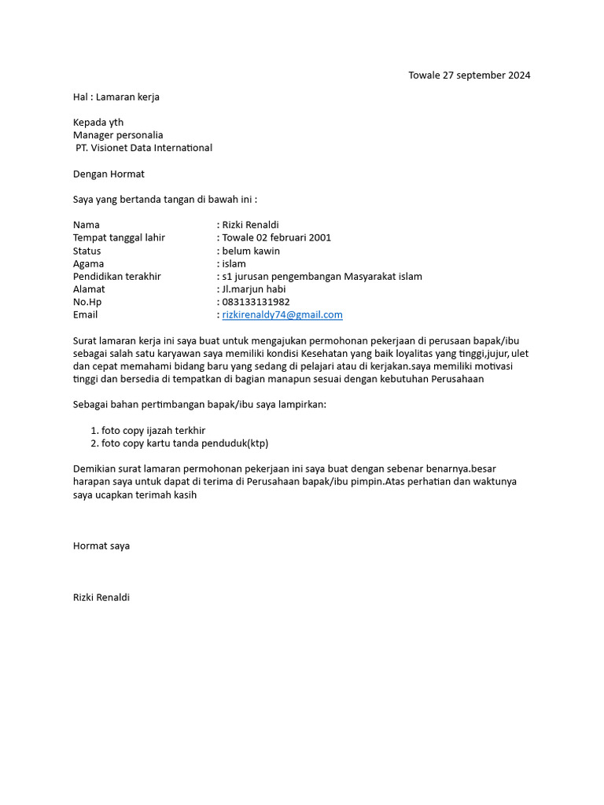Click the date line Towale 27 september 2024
469,75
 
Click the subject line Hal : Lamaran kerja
116,97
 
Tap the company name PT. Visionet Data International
143,148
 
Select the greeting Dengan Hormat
109,174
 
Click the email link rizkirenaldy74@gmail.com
282,314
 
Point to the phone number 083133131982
256,302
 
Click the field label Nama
87,225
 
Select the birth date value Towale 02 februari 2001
276,237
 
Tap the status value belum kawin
251,251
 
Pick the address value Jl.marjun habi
254,289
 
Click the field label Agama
89,263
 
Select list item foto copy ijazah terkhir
153,431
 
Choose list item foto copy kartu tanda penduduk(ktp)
185,443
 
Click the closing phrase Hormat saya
101,546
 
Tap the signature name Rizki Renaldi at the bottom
101,597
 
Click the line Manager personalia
118,135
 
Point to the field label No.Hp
87,302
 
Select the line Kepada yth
98,123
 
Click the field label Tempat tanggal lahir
119,237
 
